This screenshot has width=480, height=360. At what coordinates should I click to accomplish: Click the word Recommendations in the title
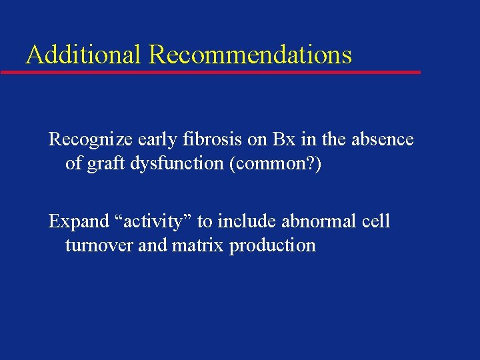point(250,54)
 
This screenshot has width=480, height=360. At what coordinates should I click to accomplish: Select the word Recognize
point(90,139)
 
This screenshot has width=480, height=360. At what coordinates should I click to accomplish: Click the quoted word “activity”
point(150,221)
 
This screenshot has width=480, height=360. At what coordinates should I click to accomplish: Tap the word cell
point(377,221)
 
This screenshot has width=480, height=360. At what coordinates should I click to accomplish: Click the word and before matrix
point(153,245)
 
